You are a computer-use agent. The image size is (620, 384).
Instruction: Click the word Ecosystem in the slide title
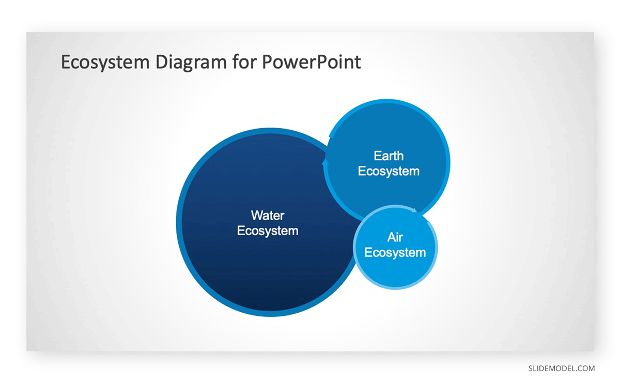point(105,63)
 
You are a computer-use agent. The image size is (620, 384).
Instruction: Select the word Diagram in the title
point(191,63)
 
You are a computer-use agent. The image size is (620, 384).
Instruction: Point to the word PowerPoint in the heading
point(311,62)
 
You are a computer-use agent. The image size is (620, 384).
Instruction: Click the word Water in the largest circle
point(268,216)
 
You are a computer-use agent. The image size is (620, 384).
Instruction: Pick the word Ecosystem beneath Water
point(268,231)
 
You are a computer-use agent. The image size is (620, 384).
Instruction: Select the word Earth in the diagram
point(389,156)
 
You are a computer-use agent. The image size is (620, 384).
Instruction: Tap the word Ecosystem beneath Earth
point(389,171)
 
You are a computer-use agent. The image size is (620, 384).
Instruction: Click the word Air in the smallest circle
point(395,237)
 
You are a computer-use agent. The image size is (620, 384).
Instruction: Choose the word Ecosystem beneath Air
point(395,253)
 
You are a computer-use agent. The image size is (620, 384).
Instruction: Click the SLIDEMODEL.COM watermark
point(561,368)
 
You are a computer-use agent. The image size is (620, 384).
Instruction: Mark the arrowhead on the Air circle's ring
point(414,210)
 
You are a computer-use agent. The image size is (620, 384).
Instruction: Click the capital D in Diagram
point(162,62)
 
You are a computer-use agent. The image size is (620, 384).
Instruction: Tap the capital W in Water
point(257,216)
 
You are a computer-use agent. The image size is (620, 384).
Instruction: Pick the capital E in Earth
point(378,156)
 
